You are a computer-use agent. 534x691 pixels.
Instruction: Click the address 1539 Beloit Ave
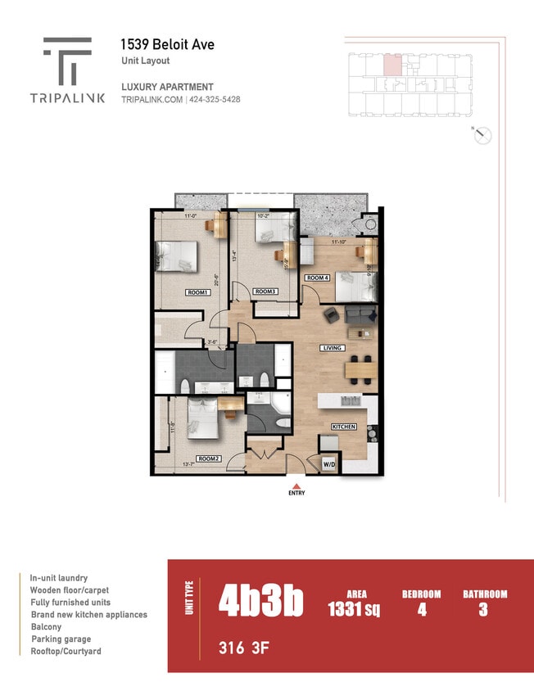[x=167, y=44]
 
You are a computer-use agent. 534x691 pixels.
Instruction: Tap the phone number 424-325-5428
[x=215, y=100]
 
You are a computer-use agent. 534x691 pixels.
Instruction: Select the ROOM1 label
[x=197, y=292]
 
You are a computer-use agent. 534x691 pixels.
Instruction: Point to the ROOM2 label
[x=208, y=458]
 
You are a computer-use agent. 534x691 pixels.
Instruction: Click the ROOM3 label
[x=265, y=291]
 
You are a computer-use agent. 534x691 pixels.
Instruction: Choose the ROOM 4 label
[x=318, y=278]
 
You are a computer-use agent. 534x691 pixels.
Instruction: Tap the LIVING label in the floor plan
[x=332, y=348]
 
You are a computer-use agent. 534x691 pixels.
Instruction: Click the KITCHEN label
[x=344, y=427]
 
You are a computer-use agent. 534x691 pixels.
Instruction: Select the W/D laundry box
[x=328, y=464]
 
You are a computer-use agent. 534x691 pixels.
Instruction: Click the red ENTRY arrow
[x=296, y=485]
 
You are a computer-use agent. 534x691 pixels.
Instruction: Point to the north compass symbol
[x=483, y=136]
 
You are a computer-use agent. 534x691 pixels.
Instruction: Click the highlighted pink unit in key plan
[x=393, y=65]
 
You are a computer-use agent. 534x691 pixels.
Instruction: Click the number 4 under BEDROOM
[x=422, y=610]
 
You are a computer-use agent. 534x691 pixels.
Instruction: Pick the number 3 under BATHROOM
[x=483, y=610]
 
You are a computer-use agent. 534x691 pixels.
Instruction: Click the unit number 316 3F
[x=243, y=649]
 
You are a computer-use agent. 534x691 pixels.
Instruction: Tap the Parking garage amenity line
[x=61, y=639]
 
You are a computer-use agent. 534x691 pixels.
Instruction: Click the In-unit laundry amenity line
[x=59, y=577]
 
